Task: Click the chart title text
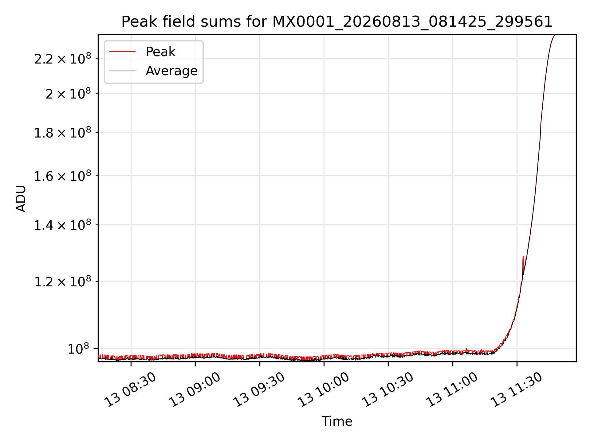[x=337, y=22]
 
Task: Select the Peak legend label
[x=160, y=52]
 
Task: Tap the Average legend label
[x=171, y=71]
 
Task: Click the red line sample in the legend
[x=122, y=52]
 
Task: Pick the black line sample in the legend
[x=122, y=71]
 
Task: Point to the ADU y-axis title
[x=21, y=198]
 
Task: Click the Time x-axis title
[x=337, y=421]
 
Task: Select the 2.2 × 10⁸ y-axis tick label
[x=63, y=58]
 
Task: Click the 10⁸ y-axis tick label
[x=78, y=349]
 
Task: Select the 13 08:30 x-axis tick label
[x=130, y=390]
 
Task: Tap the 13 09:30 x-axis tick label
[x=258, y=390]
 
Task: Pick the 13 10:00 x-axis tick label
[x=323, y=390]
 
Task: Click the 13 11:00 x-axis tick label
[x=451, y=390]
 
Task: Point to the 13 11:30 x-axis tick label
[x=516, y=390]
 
